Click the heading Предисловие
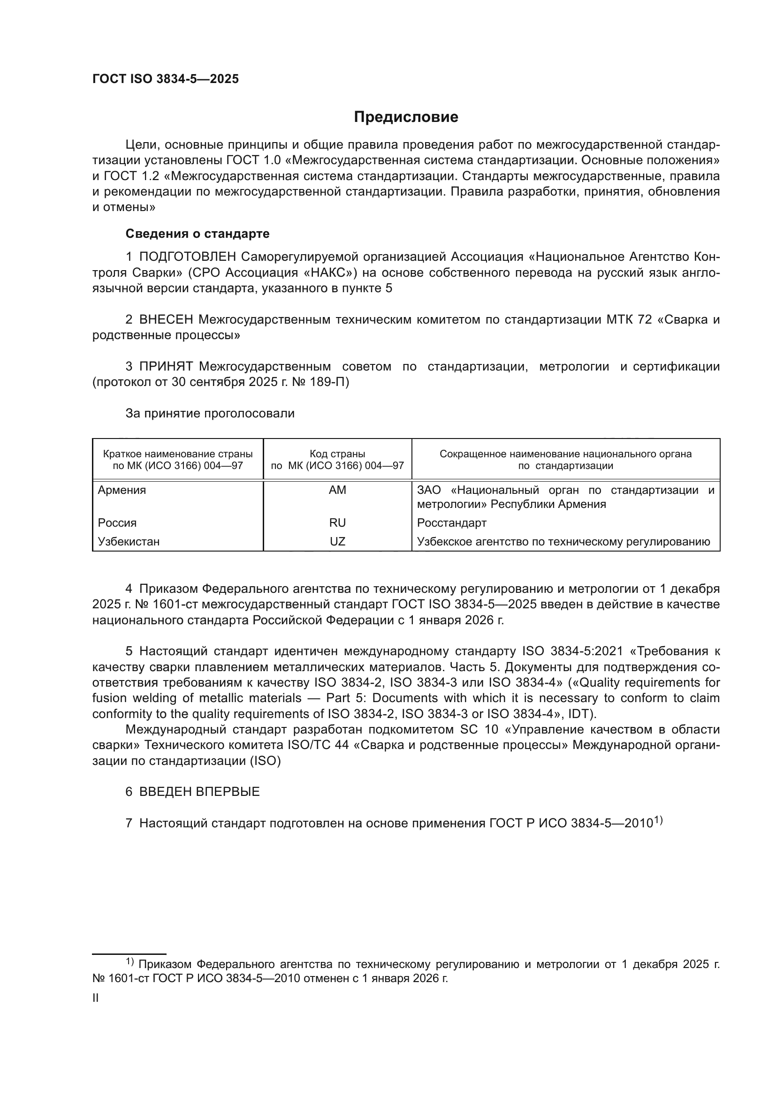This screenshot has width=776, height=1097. (x=406, y=117)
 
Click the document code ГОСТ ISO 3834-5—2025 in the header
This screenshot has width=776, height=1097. (x=165, y=79)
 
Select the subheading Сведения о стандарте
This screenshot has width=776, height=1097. (x=198, y=234)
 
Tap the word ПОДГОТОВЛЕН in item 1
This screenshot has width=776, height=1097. (x=187, y=257)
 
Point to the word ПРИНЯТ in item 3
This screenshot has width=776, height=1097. (x=166, y=366)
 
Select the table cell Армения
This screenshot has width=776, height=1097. (x=122, y=490)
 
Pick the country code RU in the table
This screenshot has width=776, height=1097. (x=337, y=522)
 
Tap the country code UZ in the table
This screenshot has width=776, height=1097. (x=337, y=541)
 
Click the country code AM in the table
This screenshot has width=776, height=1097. (x=337, y=490)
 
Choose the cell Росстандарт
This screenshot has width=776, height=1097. (x=451, y=522)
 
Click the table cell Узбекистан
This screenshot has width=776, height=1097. (x=129, y=541)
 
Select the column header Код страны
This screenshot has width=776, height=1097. (x=337, y=454)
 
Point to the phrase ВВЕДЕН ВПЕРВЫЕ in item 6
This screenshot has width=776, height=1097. (x=199, y=792)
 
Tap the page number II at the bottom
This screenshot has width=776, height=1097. (x=96, y=998)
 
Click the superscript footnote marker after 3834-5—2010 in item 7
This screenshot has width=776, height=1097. (x=658, y=820)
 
